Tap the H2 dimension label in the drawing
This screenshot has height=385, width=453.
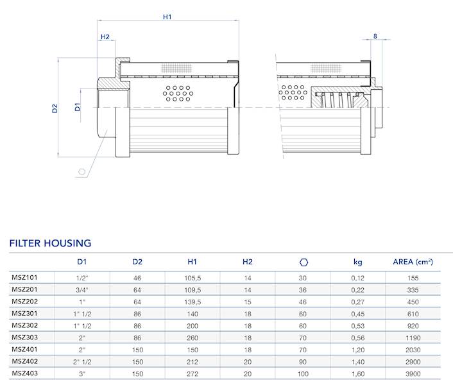coord(105,37)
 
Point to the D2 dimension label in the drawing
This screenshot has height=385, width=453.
coord(55,108)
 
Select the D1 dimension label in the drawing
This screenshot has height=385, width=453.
coord(78,107)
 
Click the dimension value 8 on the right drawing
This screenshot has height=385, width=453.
coord(375,37)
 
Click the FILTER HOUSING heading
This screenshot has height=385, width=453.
coord(50,243)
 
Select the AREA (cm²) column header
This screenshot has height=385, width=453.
coord(413,262)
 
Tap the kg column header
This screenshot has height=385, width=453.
coord(358,262)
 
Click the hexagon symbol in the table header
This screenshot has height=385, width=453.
coord(303,262)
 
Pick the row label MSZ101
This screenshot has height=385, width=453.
coord(24,277)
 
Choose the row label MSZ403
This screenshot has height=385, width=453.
coord(24,372)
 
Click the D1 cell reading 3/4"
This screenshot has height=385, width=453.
coord(82,289)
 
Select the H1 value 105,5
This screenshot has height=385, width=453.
coord(192,278)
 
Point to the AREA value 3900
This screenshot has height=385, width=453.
coord(413,373)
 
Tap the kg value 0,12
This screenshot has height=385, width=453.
coord(358,278)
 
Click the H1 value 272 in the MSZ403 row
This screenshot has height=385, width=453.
coord(192,373)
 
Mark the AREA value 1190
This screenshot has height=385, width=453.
coord(413,337)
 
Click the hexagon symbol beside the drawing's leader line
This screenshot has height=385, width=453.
coord(82,171)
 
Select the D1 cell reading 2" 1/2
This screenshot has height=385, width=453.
coord(82,361)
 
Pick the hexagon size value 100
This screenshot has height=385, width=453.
coord(303,373)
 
